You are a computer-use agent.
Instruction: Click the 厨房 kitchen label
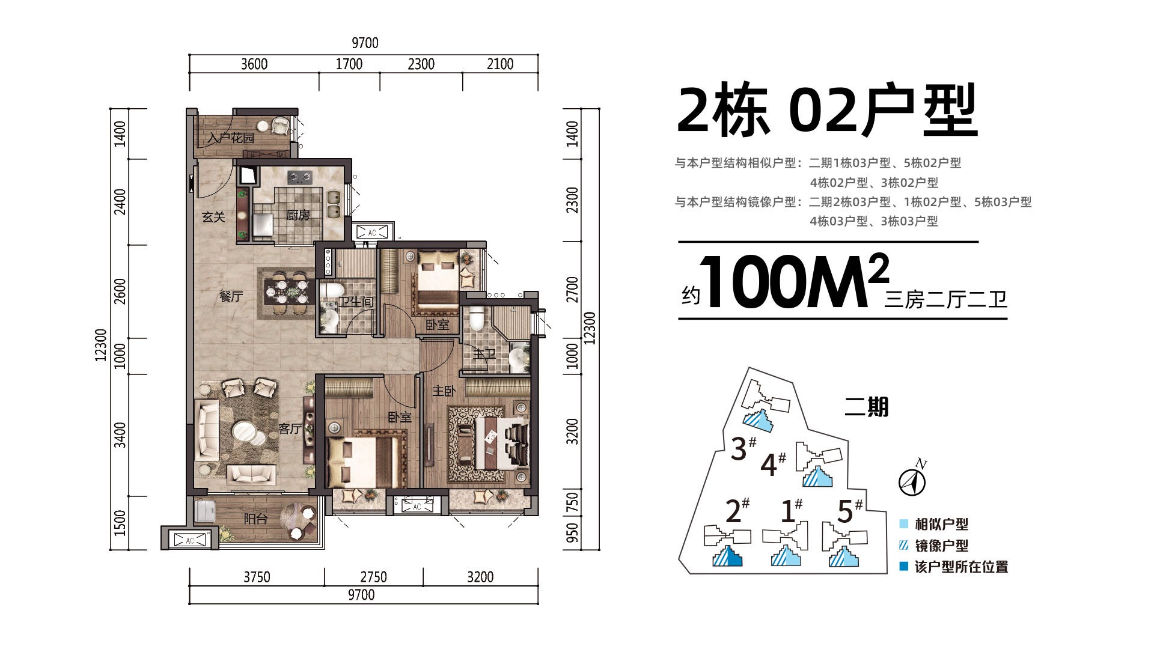(298, 215)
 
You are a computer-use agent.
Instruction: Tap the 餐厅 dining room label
(231, 296)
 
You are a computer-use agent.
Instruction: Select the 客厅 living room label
(290, 428)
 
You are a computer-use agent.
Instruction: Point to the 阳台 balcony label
(255, 519)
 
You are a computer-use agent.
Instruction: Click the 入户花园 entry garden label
(231, 138)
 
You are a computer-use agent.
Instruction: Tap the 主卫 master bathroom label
(484, 353)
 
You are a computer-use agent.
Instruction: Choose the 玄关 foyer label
(213, 217)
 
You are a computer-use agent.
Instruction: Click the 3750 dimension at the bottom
(257, 577)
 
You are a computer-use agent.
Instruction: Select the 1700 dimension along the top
(349, 64)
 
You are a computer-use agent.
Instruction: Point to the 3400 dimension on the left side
(120, 434)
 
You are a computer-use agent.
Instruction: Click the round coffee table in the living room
(246, 433)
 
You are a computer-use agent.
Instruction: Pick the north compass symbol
(912, 480)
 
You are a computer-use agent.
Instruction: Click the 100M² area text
(793, 282)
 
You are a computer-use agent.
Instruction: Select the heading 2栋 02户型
(827, 112)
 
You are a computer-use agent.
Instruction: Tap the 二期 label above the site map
(866, 407)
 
